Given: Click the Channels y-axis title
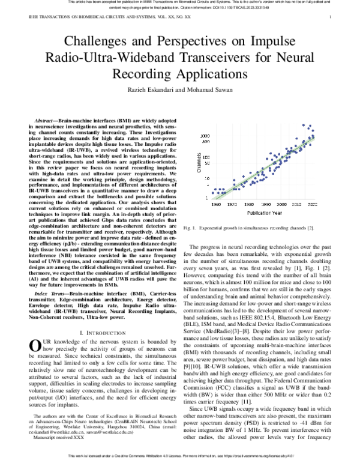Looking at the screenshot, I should click(x=199, y=163).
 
